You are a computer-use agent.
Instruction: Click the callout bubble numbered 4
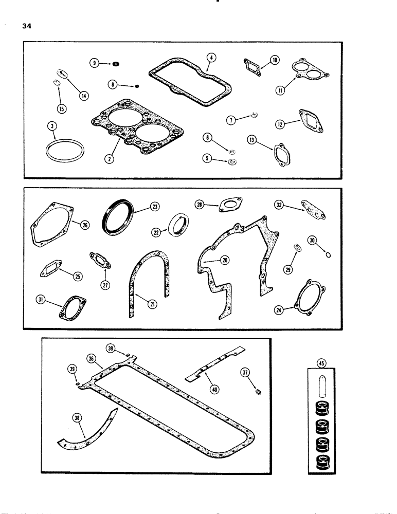pos(211,58)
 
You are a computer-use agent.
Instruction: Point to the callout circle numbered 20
pos(224,261)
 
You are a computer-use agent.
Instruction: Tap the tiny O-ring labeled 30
pos(329,253)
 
